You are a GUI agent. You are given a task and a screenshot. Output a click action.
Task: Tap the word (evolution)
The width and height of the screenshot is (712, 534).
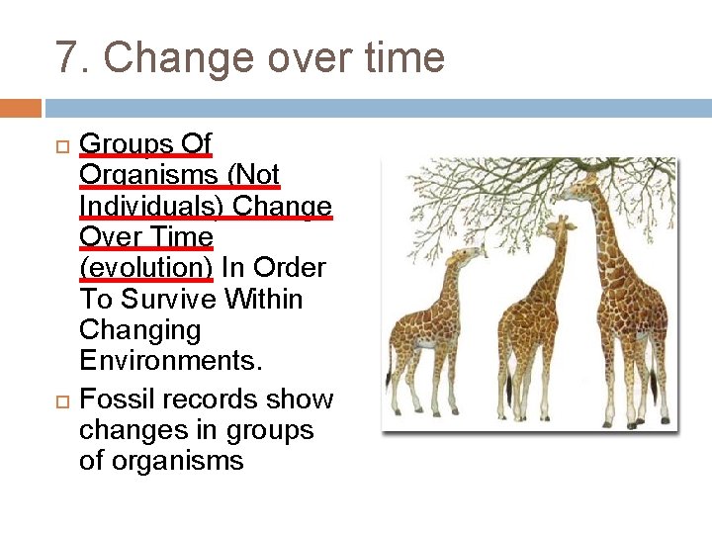pyautogui.click(x=145, y=268)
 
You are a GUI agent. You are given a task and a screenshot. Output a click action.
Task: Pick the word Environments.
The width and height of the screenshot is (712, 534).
pyautogui.click(x=171, y=361)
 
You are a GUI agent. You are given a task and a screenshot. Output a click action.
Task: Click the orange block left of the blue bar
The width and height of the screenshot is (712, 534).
pyautogui.click(x=21, y=108)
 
